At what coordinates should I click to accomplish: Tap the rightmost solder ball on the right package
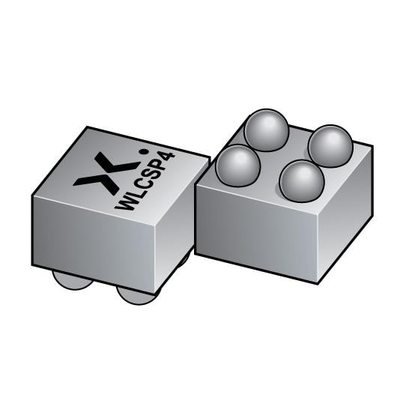point(330,146)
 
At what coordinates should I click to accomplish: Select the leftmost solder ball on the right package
point(237,165)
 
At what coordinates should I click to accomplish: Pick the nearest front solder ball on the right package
point(301,181)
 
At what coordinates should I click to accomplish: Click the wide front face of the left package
point(94,240)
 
